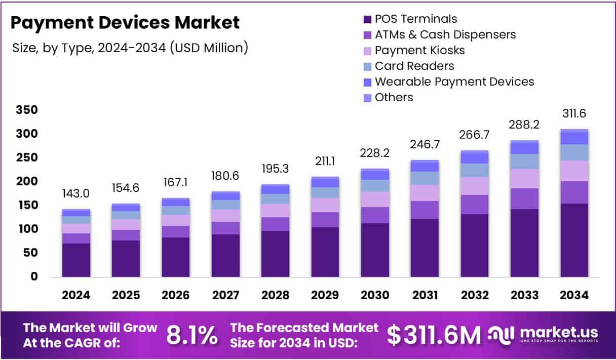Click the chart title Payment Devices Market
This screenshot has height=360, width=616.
[125, 23]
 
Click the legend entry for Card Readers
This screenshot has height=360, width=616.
[414, 66]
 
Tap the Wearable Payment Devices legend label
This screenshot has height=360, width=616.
[454, 82]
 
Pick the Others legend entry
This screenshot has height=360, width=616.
[394, 98]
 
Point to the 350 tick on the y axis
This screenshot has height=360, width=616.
[26, 110]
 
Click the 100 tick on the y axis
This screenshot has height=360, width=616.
[26, 229]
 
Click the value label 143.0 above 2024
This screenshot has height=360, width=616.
[76, 194]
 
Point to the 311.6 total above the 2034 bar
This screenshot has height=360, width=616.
[574, 113]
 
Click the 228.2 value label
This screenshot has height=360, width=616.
[375, 153]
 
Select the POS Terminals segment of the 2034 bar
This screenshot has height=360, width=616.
[574, 240]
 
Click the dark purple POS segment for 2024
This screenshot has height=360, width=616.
[76, 260]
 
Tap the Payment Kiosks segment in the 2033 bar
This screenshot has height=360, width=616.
[524, 178]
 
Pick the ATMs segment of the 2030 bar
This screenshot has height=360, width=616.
[375, 215]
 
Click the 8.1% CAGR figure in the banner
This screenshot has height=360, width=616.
[192, 335]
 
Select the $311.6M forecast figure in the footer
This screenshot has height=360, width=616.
[434, 335]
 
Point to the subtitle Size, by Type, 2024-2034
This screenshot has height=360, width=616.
[130, 48]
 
